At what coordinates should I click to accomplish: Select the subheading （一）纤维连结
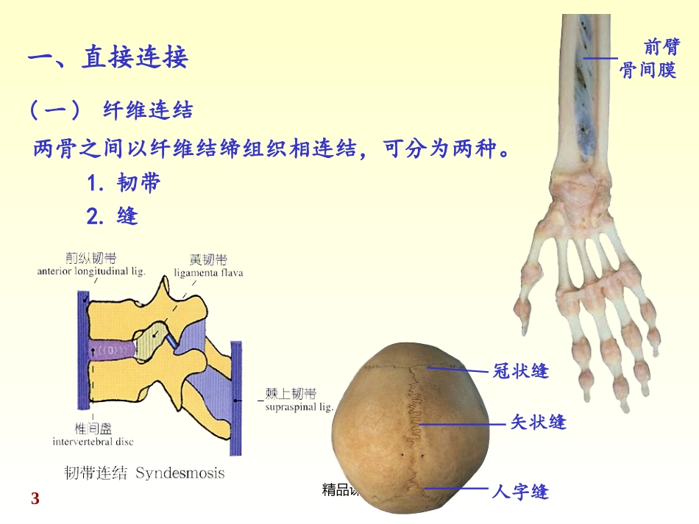pos(110,111)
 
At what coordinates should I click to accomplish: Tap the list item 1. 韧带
pos(123,183)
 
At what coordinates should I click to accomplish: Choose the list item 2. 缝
pos(112,217)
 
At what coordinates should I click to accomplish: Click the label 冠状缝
pos(520,371)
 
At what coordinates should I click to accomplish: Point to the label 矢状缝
pos(538,423)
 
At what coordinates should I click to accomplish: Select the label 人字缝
pos(520,491)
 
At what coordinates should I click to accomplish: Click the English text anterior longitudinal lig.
pos(91,271)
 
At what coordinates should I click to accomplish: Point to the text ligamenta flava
pos(208,273)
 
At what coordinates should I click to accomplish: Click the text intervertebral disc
pos(93,442)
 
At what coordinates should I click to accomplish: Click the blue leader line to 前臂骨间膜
pos(600,58)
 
